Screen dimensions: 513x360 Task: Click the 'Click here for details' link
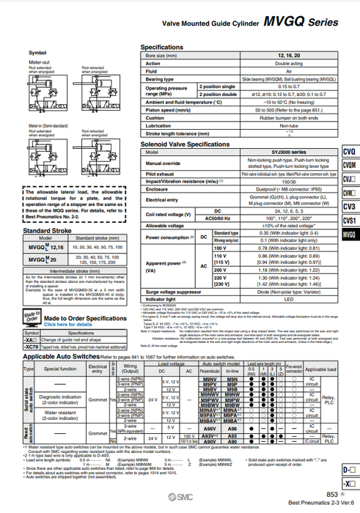point(69,324)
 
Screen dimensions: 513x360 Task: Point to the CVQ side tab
point(350,152)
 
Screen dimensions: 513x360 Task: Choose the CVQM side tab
point(350,166)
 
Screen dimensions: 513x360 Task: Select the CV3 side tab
point(350,207)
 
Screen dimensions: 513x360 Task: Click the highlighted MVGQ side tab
point(350,235)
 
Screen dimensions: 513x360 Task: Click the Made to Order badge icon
point(31,318)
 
